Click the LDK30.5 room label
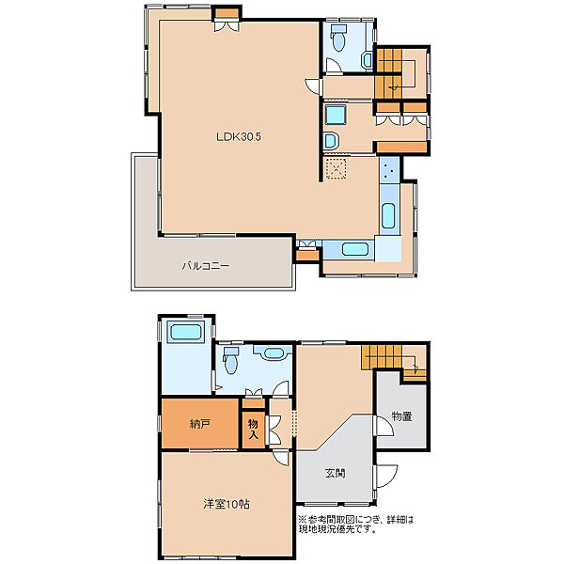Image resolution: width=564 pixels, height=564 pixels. tap(239, 136)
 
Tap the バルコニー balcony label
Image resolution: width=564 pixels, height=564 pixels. tap(206, 266)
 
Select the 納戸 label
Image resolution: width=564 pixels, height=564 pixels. tap(199, 425)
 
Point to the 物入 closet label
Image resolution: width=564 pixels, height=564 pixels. tap(253, 430)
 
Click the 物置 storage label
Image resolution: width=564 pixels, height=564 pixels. tap(401, 416)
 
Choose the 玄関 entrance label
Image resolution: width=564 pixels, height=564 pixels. tap(336, 473)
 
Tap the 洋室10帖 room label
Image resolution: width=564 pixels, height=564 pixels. tap(227, 504)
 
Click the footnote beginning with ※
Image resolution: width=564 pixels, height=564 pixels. tap(355, 525)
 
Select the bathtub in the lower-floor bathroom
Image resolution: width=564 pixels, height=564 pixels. tap(185, 332)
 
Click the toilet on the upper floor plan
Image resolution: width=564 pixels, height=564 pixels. tap(338, 38)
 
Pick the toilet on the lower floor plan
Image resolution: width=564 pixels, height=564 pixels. tap(230, 360)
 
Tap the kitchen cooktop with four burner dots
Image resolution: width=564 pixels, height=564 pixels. tap(389, 170)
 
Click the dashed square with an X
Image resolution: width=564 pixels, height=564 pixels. tap(336, 168)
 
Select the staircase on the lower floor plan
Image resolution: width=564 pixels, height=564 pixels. tap(394, 363)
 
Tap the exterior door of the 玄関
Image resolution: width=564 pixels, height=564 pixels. tap(385, 476)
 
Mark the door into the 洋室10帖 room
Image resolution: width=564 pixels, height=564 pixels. tap(280, 458)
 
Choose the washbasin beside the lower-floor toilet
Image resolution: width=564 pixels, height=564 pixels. tap(273, 352)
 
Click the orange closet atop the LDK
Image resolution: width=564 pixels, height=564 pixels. tap(227, 13)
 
